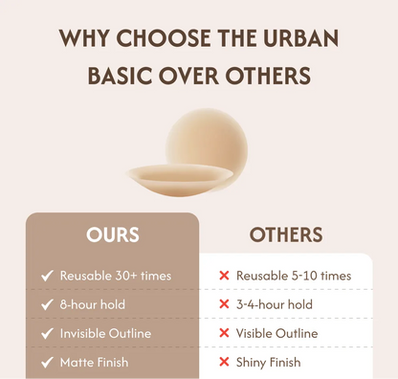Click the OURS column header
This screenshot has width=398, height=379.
(113, 234)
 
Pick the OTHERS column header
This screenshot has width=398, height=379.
(286, 234)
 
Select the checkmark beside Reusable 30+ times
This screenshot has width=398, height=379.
(47, 276)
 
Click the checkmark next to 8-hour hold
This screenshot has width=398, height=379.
(47, 304)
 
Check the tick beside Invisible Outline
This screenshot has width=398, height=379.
(47, 333)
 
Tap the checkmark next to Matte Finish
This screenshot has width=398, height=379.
(47, 362)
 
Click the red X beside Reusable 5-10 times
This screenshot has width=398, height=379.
(224, 276)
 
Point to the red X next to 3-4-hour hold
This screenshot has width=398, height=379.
(224, 304)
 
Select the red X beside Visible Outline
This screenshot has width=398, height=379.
(224, 333)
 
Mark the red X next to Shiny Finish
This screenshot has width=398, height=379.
(224, 362)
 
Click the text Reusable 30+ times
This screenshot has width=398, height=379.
(116, 276)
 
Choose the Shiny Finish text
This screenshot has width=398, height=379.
(269, 362)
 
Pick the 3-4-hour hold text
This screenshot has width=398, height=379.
(274, 304)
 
